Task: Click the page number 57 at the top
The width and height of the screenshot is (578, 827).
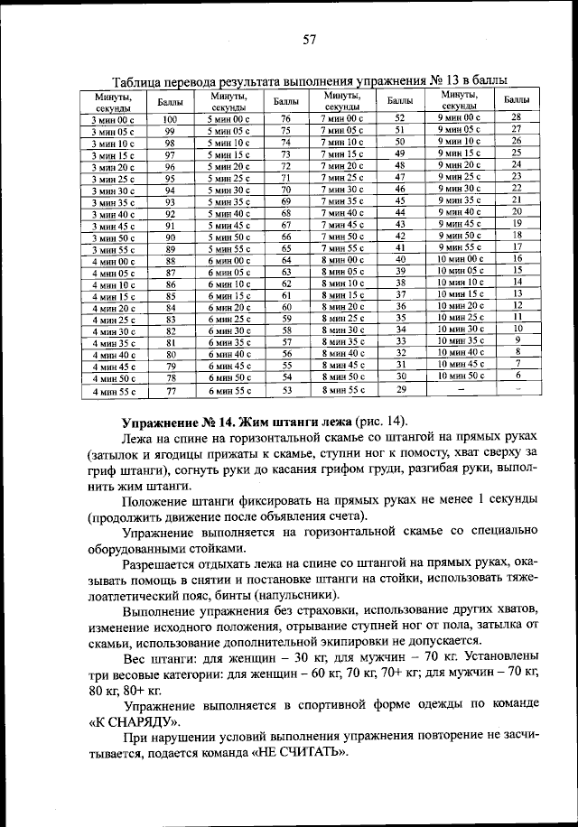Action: (309, 39)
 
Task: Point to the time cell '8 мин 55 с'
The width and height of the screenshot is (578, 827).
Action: (342, 390)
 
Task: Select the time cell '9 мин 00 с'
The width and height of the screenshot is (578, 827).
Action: (460, 117)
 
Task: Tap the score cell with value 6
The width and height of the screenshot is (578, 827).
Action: (517, 375)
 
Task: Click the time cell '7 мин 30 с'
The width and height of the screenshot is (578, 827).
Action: (342, 190)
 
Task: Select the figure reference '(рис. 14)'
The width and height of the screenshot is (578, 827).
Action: (380, 423)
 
